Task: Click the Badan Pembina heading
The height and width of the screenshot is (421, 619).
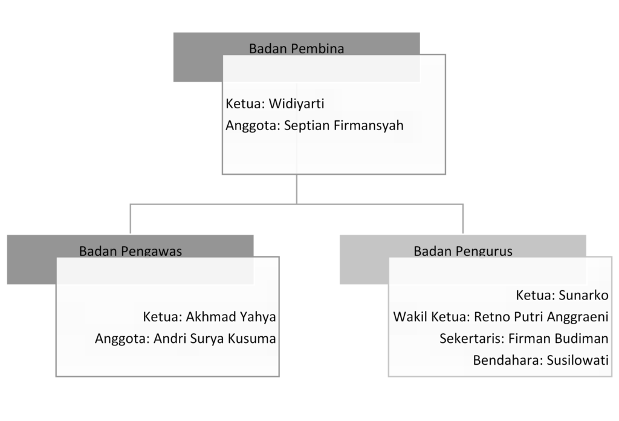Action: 296,49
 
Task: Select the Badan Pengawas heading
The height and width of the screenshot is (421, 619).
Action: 131,251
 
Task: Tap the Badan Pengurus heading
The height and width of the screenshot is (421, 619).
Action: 463,251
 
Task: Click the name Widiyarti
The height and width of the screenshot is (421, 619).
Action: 296,104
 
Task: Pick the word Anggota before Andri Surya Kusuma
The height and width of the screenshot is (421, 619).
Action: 120,339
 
